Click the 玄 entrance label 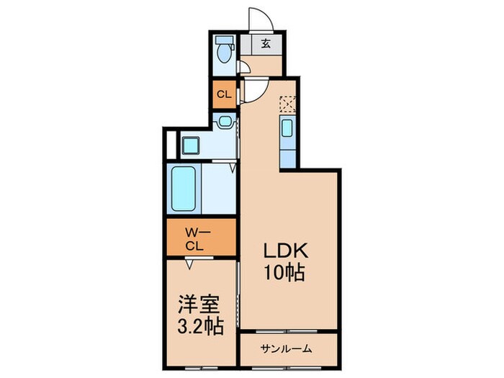coord(265,44)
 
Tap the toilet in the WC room coord(225,53)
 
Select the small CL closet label coord(224,94)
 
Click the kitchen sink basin coord(287,130)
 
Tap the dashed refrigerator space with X coord(287,105)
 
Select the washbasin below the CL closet coord(225,122)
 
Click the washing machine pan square coord(191,145)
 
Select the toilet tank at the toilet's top coord(225,40)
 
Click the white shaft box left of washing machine coord(170,145)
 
